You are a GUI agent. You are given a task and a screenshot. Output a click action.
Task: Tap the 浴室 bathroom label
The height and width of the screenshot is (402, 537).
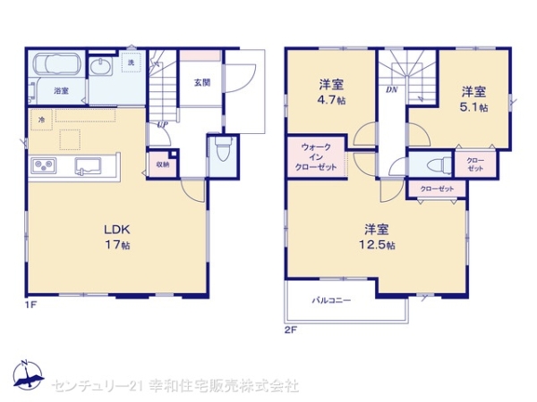[x=62, y=91]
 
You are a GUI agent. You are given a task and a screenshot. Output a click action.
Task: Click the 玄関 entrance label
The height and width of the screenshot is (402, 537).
[x=202, y=82]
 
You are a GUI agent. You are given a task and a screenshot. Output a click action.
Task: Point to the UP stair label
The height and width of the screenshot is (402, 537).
[x=162, y=125]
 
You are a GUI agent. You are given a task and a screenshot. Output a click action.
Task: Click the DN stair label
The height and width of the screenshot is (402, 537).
[x=392, y=90]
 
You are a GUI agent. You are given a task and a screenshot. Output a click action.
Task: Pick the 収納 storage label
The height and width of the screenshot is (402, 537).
[x=163, y=164]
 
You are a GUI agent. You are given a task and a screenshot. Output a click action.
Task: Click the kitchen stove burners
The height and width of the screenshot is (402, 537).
[x=44, y=165]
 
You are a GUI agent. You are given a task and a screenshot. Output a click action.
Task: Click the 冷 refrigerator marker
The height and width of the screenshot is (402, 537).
[x=41, y=118]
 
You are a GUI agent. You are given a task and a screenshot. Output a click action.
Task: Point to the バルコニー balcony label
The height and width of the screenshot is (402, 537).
[x=331, y=300]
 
